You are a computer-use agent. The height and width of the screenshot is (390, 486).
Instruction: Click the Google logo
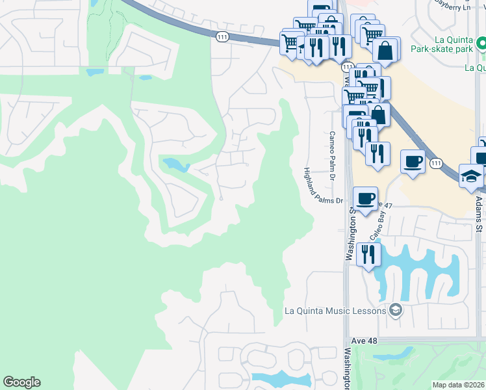point(21,382)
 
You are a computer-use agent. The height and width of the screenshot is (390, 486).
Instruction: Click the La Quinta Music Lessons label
point(335,311)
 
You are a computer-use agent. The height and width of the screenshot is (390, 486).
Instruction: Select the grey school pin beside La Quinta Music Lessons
point(395,310)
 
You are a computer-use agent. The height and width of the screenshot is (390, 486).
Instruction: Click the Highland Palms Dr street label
point(323,186)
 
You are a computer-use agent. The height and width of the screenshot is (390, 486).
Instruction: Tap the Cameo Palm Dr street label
point(331,156)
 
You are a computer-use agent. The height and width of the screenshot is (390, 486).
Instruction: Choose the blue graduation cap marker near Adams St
point(471,175)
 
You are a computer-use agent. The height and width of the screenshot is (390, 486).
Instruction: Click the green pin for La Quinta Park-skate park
point(481,44)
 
